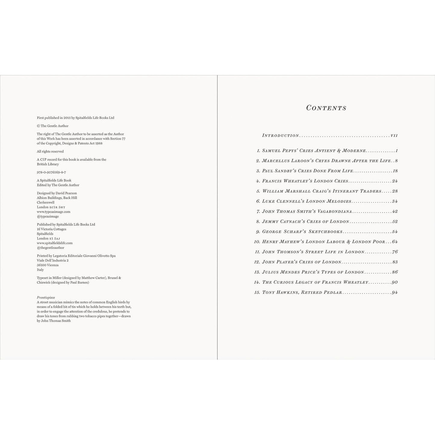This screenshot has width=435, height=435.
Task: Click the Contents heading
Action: (326, 108)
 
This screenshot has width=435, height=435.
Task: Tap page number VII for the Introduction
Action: (394, 136)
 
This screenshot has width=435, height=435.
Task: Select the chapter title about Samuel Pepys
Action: (314, 151)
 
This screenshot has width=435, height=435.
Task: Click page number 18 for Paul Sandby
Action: (395, 171)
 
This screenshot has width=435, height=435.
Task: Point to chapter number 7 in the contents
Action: (258, 212)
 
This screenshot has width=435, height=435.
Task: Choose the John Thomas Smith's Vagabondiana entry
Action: (307, 212)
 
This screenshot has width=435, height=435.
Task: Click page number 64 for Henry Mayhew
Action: (395, 242)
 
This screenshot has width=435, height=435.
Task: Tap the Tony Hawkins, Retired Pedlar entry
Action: (302, 292)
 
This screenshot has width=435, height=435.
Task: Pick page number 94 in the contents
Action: (395, 292)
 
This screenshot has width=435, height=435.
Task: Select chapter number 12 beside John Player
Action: (257, 262)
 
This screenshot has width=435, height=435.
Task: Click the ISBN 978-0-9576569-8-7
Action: (51, 172)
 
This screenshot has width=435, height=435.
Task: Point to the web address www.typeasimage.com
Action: (54, 212)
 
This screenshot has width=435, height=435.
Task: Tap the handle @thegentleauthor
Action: (50, 248)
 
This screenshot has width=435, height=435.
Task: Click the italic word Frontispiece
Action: (46, 297)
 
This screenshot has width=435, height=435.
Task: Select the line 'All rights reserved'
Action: (50, 151)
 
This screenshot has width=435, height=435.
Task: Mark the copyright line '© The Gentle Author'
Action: (53, 126)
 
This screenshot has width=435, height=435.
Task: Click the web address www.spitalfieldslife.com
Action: (55, 243)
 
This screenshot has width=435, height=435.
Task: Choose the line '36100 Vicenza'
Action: (48, 265)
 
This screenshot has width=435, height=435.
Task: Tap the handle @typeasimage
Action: (48, 216)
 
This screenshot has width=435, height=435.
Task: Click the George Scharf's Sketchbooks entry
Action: (302, 232)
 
